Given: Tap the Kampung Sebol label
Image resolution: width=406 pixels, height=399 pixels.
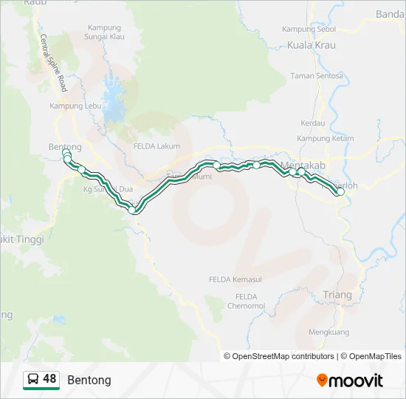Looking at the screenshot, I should pos(309,29).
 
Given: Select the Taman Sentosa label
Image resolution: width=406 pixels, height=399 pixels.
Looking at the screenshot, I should pos(317,75).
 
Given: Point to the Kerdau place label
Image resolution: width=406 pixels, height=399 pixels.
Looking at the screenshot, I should pos(313,123).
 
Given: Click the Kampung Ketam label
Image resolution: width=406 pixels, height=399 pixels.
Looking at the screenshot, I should pos(326,138).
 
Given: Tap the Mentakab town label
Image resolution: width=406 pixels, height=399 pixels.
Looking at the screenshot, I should pos(303,164).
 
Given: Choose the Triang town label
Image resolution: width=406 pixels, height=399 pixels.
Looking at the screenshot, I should pos(338,295).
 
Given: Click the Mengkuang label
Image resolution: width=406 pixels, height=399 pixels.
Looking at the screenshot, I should pos(328,332).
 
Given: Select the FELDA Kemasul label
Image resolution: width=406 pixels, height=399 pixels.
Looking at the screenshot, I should pos(231,279).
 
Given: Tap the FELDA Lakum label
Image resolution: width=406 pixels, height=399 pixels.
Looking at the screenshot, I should pos(156,146).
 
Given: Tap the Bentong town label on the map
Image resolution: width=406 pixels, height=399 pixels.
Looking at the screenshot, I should pos(65,147).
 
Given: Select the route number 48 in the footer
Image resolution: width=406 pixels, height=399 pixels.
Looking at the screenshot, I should pos(49,379).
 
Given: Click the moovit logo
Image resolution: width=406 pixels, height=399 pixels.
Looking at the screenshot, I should pos(350,381).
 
